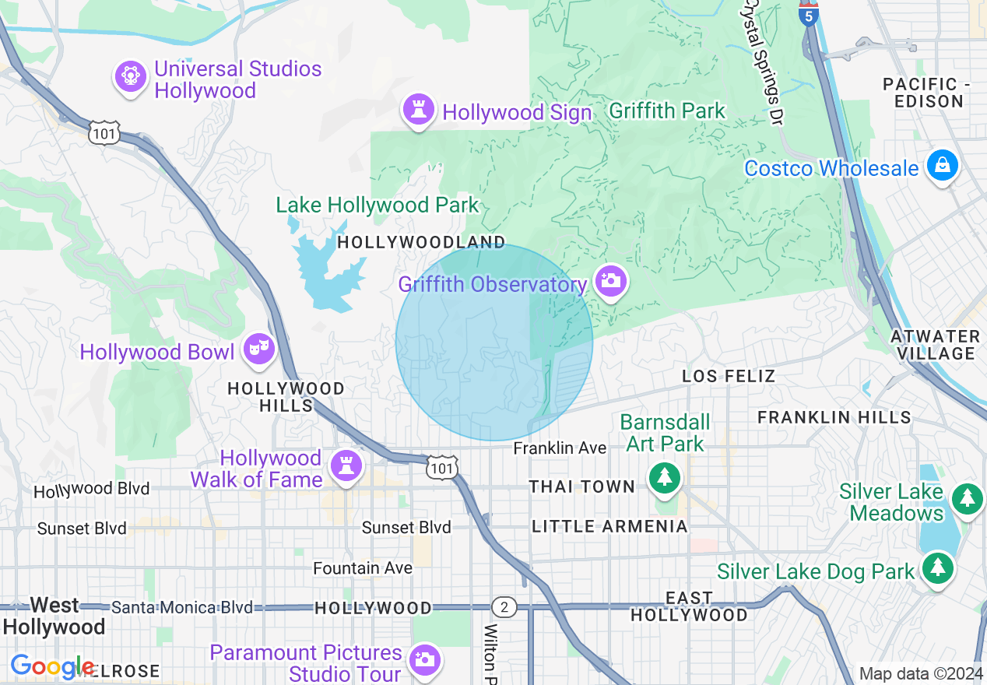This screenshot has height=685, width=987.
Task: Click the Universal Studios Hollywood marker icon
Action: [x=131, y=77]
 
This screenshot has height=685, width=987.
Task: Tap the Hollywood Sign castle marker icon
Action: [x=419, y=111]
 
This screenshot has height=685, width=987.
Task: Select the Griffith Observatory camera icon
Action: [x=610, y=281]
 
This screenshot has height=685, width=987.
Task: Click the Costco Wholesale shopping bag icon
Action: [x=943, y=166]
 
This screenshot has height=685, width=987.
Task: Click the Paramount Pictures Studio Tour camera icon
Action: [x=424, y=659]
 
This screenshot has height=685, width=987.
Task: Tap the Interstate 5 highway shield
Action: [x=810, y=14]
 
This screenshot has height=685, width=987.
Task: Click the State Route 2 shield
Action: [x=504, y=607]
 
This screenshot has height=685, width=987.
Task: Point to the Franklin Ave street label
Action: [x=560, y=448]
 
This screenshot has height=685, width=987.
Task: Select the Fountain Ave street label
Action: [x=363, y=568]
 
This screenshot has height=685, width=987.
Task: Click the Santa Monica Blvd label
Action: [x=182, y=607]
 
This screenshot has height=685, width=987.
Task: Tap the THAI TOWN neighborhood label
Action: [x=582, y=487]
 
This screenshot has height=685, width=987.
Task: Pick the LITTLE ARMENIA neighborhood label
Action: [x=609, y=527]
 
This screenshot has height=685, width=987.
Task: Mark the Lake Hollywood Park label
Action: [x=378, y=205]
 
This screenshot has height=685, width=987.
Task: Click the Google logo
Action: [x=51, y=666]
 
